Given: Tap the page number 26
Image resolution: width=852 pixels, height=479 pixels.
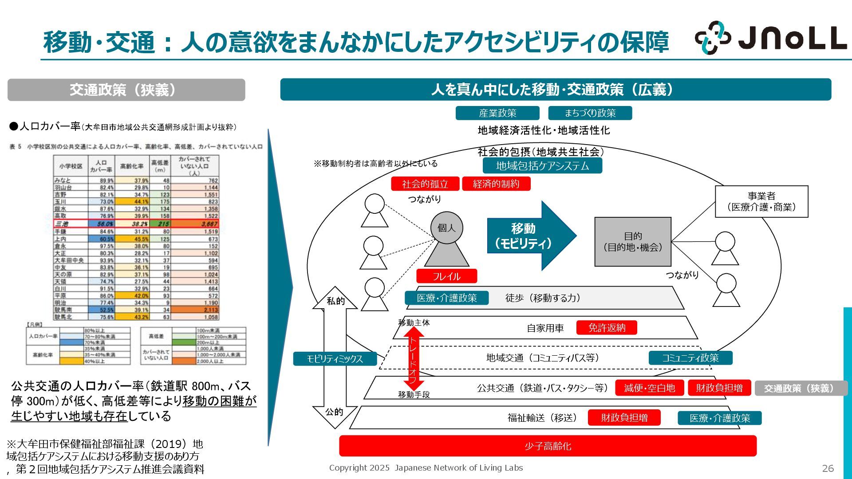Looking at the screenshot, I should (828, 468).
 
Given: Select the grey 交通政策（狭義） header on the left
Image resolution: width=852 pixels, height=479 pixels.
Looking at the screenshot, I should (126, 90).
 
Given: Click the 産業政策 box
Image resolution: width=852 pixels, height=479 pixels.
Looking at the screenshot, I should (497, 113).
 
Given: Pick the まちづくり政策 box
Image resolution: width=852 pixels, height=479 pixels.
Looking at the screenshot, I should (590, 113).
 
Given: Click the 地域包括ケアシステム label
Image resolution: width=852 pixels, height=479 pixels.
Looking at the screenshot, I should (542, 166).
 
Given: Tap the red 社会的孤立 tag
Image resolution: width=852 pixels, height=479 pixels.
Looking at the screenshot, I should (425, 184).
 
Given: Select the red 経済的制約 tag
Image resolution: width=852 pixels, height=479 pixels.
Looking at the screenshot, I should (496, 184).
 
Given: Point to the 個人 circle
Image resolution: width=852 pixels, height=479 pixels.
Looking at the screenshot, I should (446, 228).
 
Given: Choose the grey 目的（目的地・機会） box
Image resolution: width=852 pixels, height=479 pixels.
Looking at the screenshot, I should (633, 242).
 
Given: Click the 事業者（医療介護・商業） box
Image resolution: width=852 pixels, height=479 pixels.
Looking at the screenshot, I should (761, 202).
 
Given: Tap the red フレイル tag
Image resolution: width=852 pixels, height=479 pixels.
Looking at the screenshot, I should (446, 276).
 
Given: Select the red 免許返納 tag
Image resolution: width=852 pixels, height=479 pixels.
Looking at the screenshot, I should (607, 328).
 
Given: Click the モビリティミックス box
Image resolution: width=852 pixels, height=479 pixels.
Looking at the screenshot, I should (335, 359).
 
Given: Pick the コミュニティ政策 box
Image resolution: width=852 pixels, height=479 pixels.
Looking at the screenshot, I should (690, 358).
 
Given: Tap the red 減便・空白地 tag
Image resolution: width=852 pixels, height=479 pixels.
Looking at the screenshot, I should (649, 388).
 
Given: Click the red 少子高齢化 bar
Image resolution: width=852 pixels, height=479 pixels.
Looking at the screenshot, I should (548, 446).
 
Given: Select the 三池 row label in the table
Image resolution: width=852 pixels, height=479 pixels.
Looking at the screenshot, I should (62, 224).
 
